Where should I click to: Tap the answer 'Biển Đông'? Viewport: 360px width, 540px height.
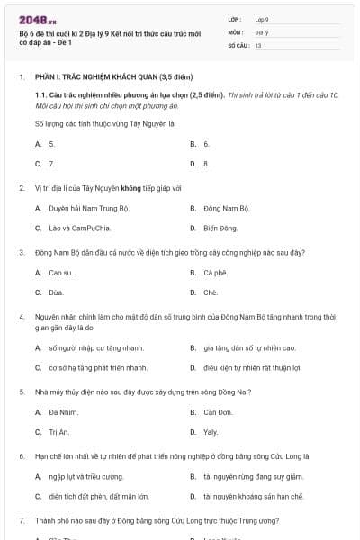pyautogui.click(x=220, y=229)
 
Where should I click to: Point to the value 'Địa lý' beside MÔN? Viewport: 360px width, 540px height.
pyautogui.click(x=262, y=31)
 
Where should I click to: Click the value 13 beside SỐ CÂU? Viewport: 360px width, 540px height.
pyautogui.click(x=258, y=44)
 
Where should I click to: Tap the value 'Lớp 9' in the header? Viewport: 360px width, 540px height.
pyautogui.click(x=262, y=19)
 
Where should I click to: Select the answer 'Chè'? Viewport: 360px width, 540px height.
pyautogui.click(x=211, y=292)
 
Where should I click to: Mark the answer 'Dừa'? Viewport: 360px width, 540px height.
pyautogui.click(x=57, y=292)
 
